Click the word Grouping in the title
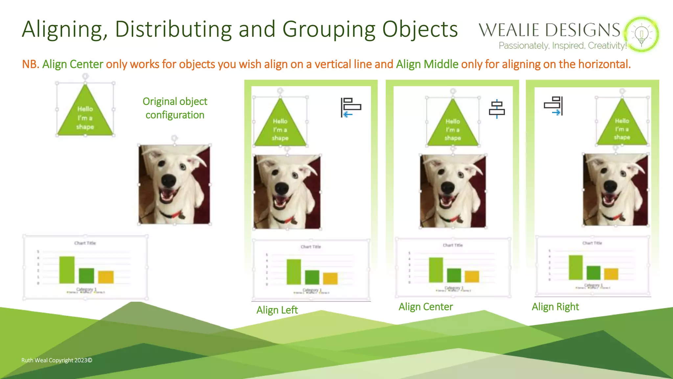(x=329, y=30)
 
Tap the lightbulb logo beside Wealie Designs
(x=641, y=34)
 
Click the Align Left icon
(x=351, y=107)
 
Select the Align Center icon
(x=497, y=109)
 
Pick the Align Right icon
(x=554, y=106)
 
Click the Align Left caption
(x=277, y=310)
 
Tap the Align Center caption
(x=426, y=307)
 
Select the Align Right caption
(x=555, y=307)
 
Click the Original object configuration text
(x=175, y=108)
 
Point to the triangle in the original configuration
(x=85, y=115)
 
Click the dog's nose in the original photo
(x=169, y=180)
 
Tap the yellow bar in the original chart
(x=106, y=277)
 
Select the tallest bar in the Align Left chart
(x=293, y=272)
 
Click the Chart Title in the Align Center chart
(x=453, y=245)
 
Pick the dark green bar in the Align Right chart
(x=593, y=273)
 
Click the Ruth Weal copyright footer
(x=57, y=360)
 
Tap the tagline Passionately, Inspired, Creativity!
(x=562, y=45)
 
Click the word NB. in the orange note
(x=31, y=64)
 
